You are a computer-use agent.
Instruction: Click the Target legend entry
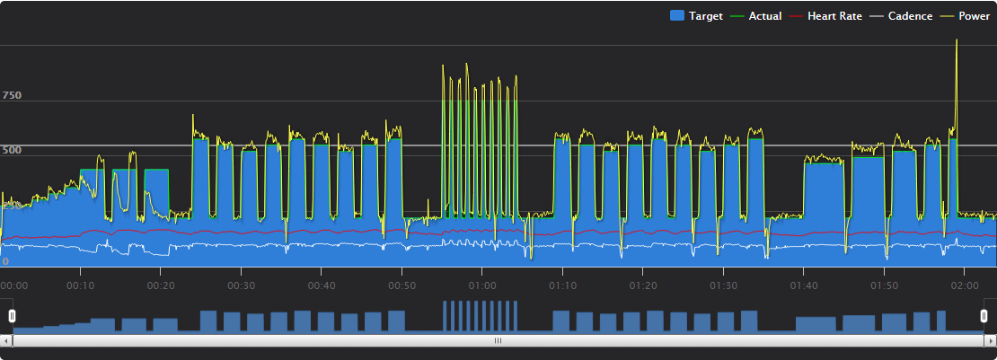click(696, 16)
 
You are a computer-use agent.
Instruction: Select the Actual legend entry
click(755, 16)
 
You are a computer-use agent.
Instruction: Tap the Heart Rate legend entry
click(825, 16)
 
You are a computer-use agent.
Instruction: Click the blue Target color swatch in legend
click(676, 16)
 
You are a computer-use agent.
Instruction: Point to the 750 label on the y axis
click(12, 95)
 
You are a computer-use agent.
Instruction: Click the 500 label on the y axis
click(12, 150)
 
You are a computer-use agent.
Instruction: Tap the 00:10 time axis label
click(81, 285)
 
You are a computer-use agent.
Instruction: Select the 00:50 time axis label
click(401, 285)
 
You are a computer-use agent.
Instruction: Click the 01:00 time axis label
click(482, 285)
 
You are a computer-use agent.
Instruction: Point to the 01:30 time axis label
click(724, 285)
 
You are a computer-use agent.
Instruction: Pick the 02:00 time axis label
click(965, 285)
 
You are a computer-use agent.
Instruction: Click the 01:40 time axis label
click(804, 285)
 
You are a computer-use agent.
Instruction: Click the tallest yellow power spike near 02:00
click(957, 40)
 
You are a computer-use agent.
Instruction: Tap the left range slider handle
click(12, 316)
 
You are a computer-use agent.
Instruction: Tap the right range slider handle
click(984, 316)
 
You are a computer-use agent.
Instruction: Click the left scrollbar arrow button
click(6, 341)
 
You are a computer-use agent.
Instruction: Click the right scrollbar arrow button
click(991, 341)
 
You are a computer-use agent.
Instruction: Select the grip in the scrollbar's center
click(498, 341)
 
